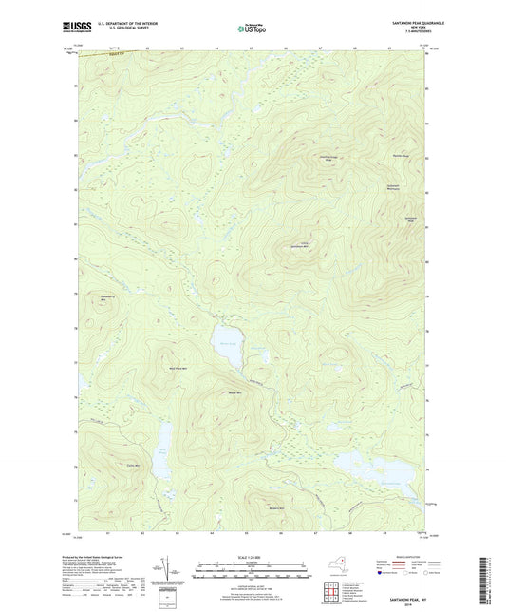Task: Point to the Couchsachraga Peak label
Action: [324, 160]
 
